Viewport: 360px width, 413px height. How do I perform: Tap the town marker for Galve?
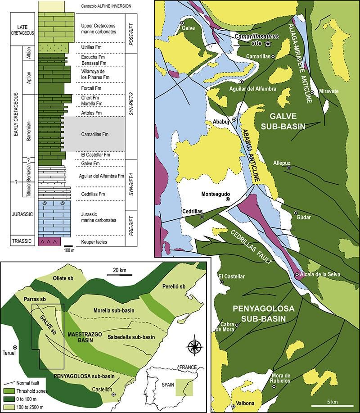point(182,23)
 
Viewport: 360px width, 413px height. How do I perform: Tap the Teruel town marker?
point(16,347)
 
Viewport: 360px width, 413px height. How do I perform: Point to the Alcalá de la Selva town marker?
point(297,274)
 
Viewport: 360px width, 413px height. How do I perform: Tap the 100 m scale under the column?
point(69,249)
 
